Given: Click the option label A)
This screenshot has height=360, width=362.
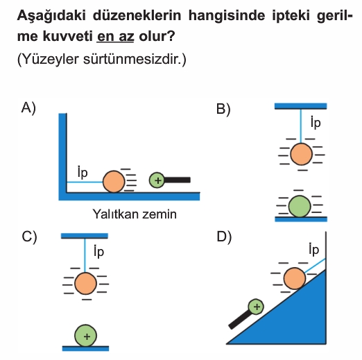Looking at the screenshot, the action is pyautogui.click(x=28, y=108).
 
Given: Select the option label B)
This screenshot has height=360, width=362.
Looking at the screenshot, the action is pyautogui.click(x=223, y=109).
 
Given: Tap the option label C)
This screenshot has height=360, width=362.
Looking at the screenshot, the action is pyautogui.click(x=29, y=237).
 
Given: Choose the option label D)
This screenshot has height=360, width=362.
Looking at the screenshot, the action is pyautogui.click(x=224, y=237).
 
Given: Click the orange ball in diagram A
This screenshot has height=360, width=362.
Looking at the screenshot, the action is pyautogui.click(x=114, y=182).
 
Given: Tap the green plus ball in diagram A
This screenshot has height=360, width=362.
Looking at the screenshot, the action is pyautogui.click(x=157, y=180).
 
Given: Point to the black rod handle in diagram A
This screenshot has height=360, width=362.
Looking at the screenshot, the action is pyautogui.click(x=178, y=180).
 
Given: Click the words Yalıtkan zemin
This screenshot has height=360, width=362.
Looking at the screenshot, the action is pyautogui.click(x=135, y=214).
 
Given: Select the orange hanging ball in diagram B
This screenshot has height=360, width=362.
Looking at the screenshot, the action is pyautogui.click(x=301, y=154).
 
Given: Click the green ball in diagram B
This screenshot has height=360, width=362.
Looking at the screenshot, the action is pyautogui.click(x=300, y=207).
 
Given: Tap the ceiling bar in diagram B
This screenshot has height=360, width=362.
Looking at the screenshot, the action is pyautogui.click(x=301, y=106).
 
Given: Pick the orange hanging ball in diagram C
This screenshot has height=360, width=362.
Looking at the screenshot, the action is pyautogui.click(x=85, y=284).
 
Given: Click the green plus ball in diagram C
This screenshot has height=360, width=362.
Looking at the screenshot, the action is pyautogui.click(x=85, y=336).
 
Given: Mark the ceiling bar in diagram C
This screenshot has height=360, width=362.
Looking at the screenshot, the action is pyautogui.click(x=85, y=236).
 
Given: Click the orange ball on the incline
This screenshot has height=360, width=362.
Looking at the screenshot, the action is pyautogui.click(x=295, y=278).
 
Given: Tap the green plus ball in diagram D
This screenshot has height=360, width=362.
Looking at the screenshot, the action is pyautogui.click(x=256, y=307).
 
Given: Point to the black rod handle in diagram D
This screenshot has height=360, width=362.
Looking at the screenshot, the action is pyautogui.click(x=239, y=320).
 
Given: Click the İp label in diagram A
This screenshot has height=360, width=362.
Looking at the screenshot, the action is pyautogui.click(x=83, y=172).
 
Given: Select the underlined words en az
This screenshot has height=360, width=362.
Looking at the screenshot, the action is pyautogui.click(x=115, y=36).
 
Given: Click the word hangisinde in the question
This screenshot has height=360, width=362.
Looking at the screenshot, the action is pyautogui.click(x=227, y=16).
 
